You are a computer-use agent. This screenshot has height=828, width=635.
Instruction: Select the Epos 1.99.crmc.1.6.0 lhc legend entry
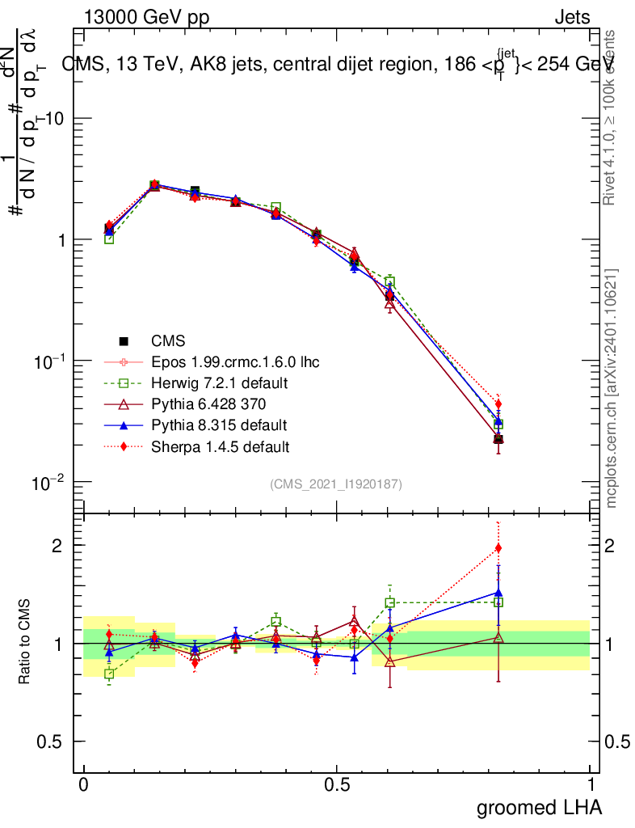235,362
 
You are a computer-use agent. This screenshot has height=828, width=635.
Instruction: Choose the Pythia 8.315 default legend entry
218,425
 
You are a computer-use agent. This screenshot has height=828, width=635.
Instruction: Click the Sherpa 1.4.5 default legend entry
220,446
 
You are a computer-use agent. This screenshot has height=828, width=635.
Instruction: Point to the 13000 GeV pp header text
145,18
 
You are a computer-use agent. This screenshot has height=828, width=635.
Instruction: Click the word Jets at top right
571,18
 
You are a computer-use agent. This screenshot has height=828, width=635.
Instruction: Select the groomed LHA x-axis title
539,807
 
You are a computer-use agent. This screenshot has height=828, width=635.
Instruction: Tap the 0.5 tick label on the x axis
337,785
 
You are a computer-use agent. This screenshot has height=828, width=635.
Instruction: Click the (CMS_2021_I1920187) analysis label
336,484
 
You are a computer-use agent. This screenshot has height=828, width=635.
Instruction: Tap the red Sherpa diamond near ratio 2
498,548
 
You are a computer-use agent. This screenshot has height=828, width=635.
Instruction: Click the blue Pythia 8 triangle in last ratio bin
498,593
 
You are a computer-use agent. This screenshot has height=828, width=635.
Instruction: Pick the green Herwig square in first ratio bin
109,674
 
